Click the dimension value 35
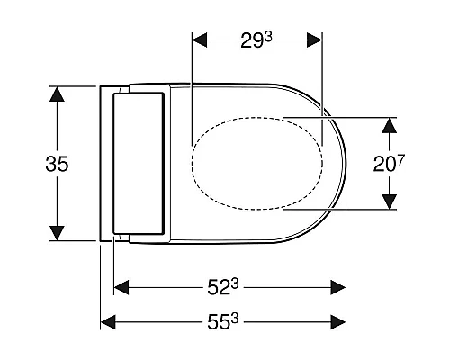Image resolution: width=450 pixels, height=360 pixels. pos(57,164)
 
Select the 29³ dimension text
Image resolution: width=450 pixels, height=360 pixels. pos(256,40)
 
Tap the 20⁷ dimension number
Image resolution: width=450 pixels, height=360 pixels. pos(389,164)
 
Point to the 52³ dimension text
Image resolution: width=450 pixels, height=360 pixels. pos(223,287)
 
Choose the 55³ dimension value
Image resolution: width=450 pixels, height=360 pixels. pos(223,322)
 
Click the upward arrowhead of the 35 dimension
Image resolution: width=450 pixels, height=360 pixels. pos(57,94)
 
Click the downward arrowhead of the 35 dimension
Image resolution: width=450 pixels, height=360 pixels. pos(57,233)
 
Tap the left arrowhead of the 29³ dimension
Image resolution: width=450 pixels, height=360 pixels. pos(200,40)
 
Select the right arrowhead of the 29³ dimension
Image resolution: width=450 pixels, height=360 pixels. pos(314,40)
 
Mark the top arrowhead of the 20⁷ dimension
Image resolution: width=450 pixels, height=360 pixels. pos(389,125)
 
